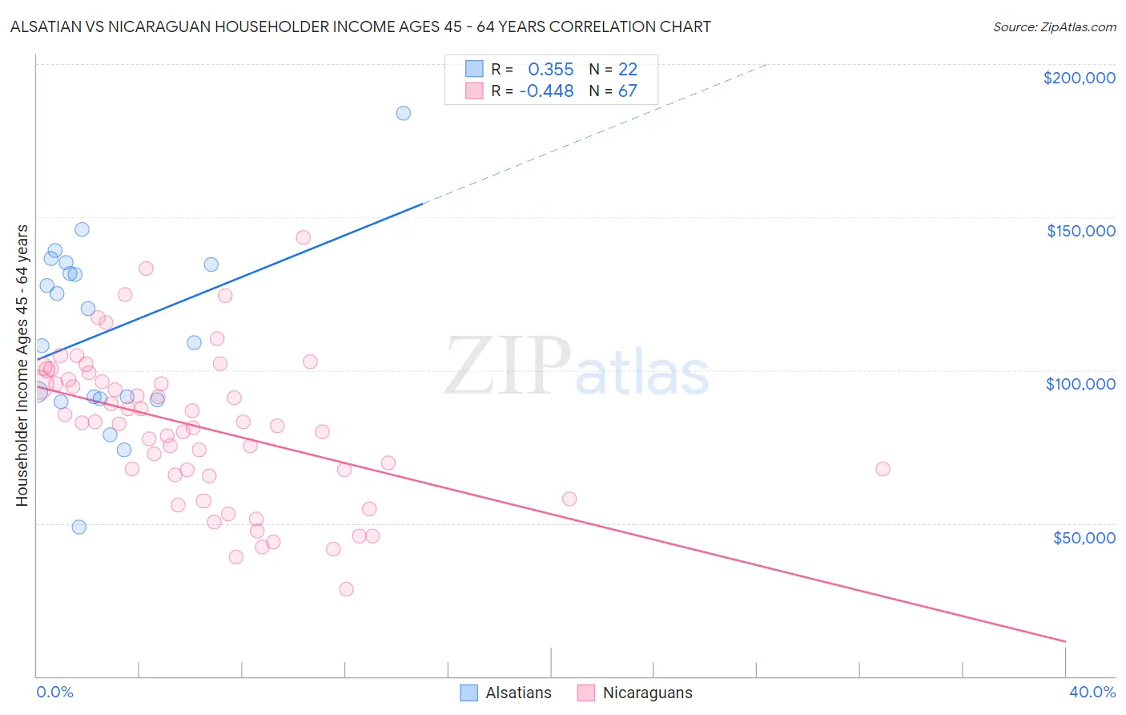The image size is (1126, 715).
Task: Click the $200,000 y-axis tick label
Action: click(x=1079, y=78)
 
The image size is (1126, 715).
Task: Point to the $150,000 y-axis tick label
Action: click(x=1080, y=231)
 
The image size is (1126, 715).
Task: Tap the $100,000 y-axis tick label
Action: click(x=1080, y=384)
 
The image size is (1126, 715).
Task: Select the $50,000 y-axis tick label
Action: click(x=1084, y=537)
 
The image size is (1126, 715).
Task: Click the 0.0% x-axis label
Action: click(x=54, y=692)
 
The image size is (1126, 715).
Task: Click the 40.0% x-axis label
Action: click(x=1092, y=692)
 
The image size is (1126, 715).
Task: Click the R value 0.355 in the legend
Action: click(x=550, y=70)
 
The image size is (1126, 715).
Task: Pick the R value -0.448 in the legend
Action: click(x=546, y=91)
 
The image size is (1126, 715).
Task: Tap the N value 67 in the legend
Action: click(x=627, y=91)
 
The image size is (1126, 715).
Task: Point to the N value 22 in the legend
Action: click(x=627, y=70)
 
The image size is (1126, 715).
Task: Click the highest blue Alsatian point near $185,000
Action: click(x=403, y=113)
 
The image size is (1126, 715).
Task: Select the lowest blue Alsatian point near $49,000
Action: click(x=78, y=527)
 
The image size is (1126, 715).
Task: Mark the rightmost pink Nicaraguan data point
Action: click(x=883, y=469)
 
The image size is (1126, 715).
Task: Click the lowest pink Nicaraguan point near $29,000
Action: click(x=346, y=589)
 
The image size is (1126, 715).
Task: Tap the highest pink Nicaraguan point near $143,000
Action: click(x=303, y=237)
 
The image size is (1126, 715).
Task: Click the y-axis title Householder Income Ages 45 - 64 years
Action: click(x=22, y=366)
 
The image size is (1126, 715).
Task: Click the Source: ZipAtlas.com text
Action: click(x=1054, y=27)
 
